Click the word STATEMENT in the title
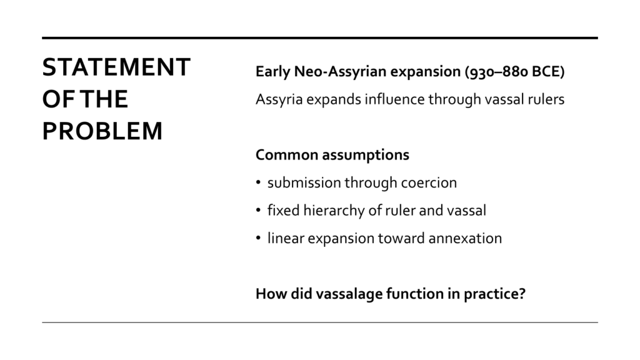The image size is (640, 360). pyautogui.click(x=116, y=67)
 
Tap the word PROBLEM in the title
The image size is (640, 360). pyautogui.click(x=102, y=131)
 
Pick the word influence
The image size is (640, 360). pyautogui.click(x=395, y=99)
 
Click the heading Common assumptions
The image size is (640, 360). pyautogui.click(x=332, y=155)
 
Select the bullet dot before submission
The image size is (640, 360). pyautogui.click(x=258, y=182)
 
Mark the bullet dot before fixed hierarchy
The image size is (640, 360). pyautogui.click(x=258, y=210)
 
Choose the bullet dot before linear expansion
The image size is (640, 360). pyautogui.click(x=258, y=238)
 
